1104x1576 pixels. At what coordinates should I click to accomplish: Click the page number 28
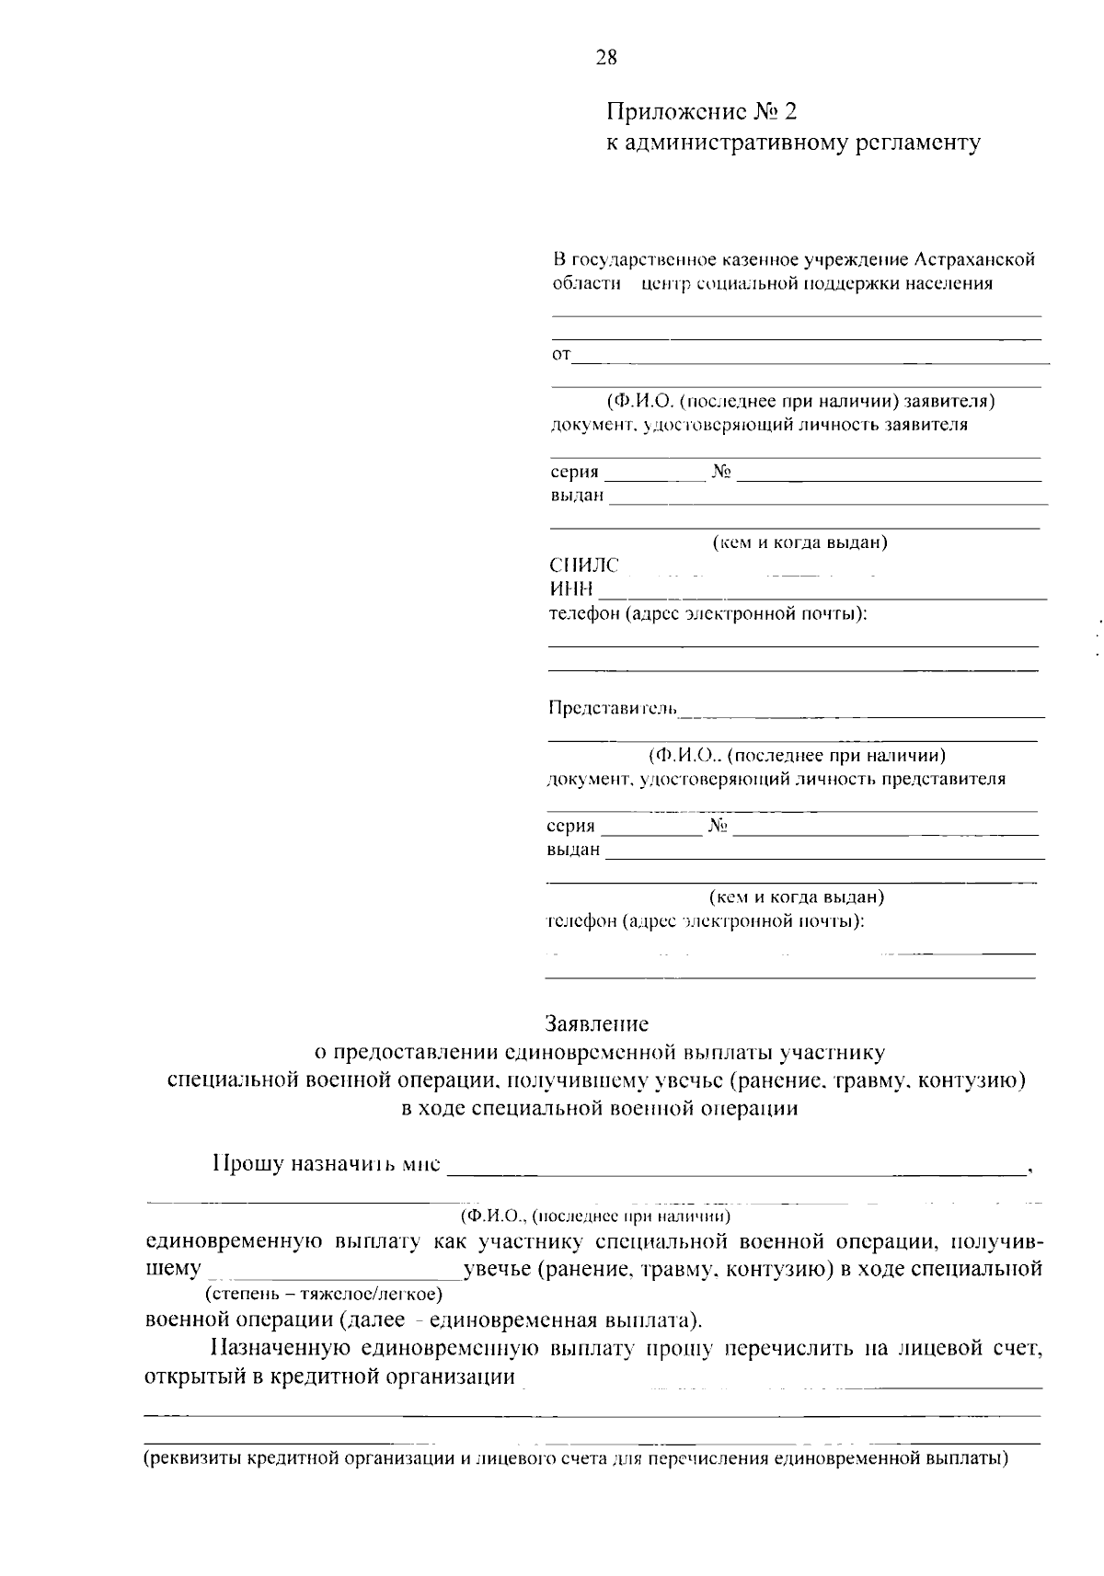(606, 58)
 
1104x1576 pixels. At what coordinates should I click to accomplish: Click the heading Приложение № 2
(700, 112)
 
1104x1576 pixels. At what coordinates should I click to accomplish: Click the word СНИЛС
(584, 565)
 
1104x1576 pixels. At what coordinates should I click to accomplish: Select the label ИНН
(571, 588)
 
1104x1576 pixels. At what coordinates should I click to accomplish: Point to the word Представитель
(613, 708)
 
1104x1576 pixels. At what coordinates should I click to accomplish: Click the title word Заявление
(596, 1023)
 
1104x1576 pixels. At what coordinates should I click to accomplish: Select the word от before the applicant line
(560, 354)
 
